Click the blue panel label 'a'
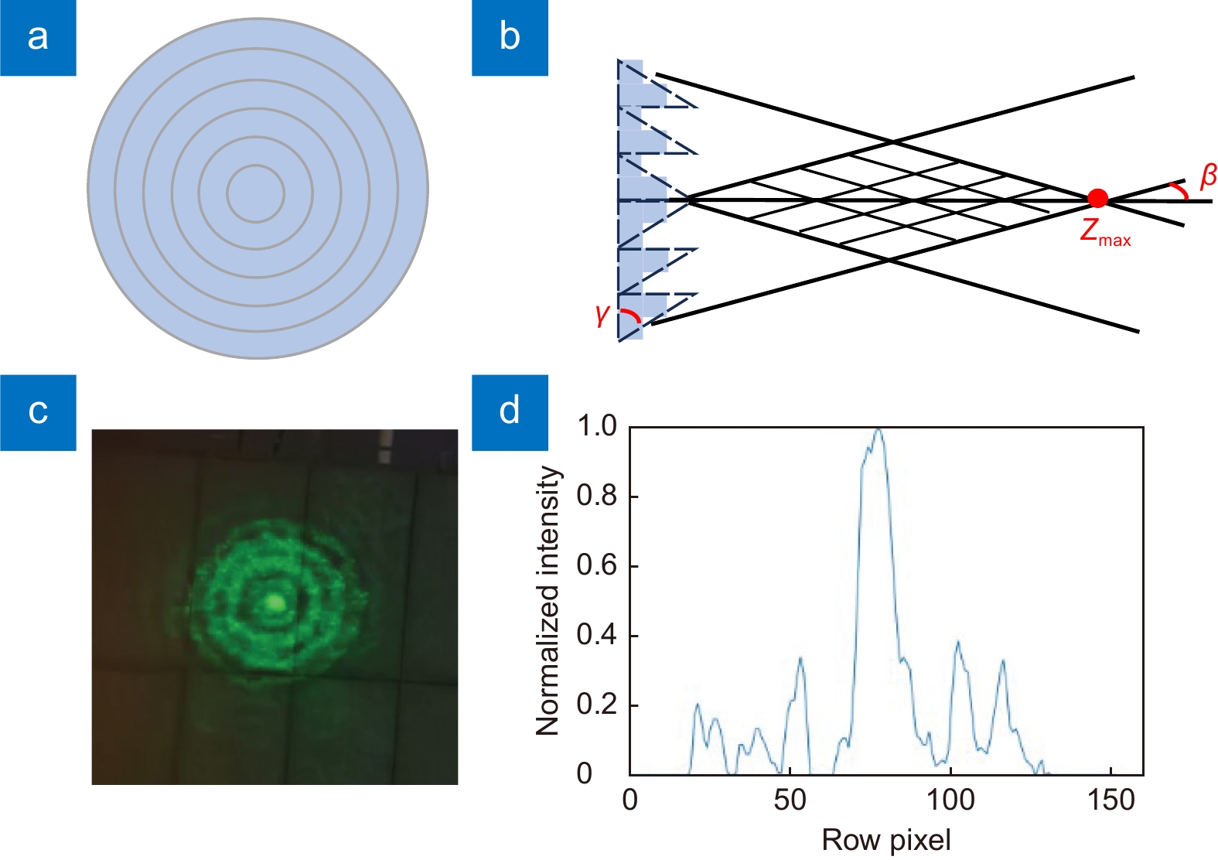[x=38, y=38]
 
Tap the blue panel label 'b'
[x=510, y=38]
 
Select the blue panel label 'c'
[x=38, y=412]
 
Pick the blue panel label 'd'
[x=510, y=412]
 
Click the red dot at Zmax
[x=1098, y=199]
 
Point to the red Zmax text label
[x=1106, y=234]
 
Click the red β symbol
[x=1208, y=177]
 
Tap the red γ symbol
[x=602, y=315]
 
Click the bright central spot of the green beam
[x=275, y=602]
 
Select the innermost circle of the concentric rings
[x=255, y=166]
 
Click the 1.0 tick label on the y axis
[x=597, y=427]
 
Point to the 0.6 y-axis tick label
[x=597, y=566]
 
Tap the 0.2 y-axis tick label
[x=597, y=705]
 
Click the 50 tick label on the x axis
[x=790, y=800]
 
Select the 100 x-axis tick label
[x=950, y=800]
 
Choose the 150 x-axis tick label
[x=1111, y=800]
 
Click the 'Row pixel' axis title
[x=886, y=841]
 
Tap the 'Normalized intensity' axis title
[x=548, y=601]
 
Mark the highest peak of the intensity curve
[x=878, y=430]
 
